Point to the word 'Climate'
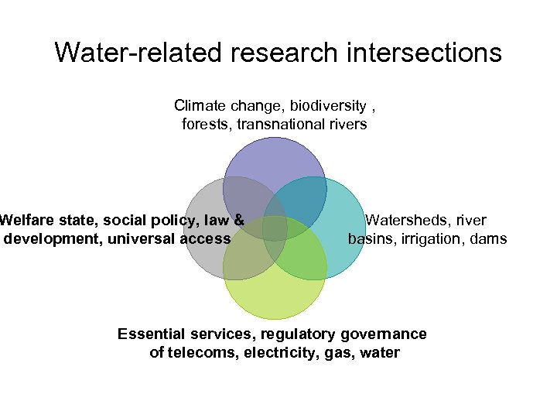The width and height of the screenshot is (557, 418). coord(200,105)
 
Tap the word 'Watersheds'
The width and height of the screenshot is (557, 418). coord(405,221)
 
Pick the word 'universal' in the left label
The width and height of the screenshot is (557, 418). coord(142,238)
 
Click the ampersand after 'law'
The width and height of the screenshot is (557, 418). coord(239,221)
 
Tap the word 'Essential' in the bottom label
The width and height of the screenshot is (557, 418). coord(151,334)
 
